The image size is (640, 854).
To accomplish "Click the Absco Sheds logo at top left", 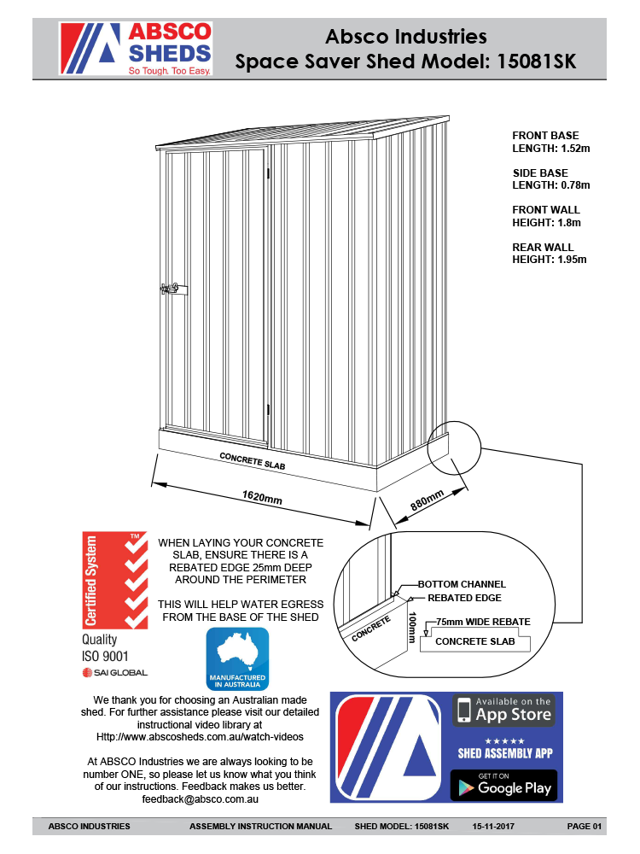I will click(135, 49).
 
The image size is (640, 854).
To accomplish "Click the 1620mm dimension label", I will click(262, 496).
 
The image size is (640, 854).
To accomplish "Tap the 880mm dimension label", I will click(428, 500).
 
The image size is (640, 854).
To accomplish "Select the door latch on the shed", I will click(170, 289).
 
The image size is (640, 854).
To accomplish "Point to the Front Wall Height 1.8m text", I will click(546, 216).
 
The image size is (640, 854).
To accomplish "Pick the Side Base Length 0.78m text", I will click(550, 178).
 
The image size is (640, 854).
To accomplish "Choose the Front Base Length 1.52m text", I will click(550, 142).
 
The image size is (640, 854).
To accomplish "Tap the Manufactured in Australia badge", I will click(238, 659).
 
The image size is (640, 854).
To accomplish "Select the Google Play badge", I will click(503, 785).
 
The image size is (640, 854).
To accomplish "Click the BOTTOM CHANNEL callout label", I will click(462, 584).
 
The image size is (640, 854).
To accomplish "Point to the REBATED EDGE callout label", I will click(464, 598).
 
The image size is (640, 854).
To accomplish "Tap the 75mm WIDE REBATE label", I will click(483, 622).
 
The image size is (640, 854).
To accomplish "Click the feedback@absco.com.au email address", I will click(201, 800).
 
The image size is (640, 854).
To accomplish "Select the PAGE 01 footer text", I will click(585, 827).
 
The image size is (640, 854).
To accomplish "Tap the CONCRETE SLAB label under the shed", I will click(253, 461).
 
